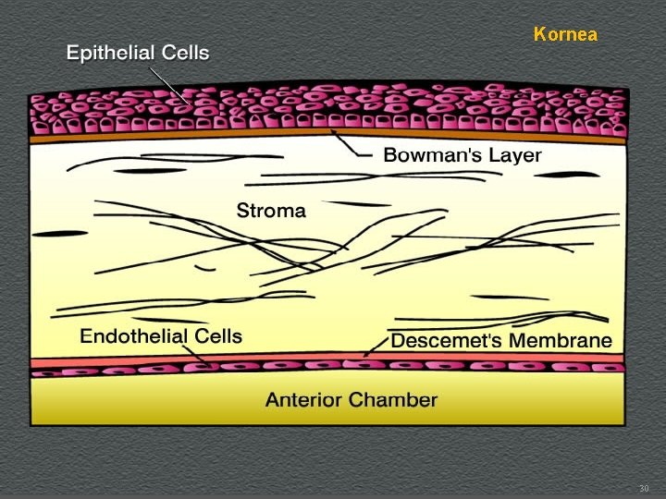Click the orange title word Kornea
click(565, 35)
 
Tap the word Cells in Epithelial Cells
click(184, 53)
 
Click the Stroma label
click(271, 211)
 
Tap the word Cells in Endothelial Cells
click(217, 336)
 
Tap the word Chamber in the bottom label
click(397, 400)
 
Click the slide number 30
click(645, 488)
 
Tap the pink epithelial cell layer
click(324, 109)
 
